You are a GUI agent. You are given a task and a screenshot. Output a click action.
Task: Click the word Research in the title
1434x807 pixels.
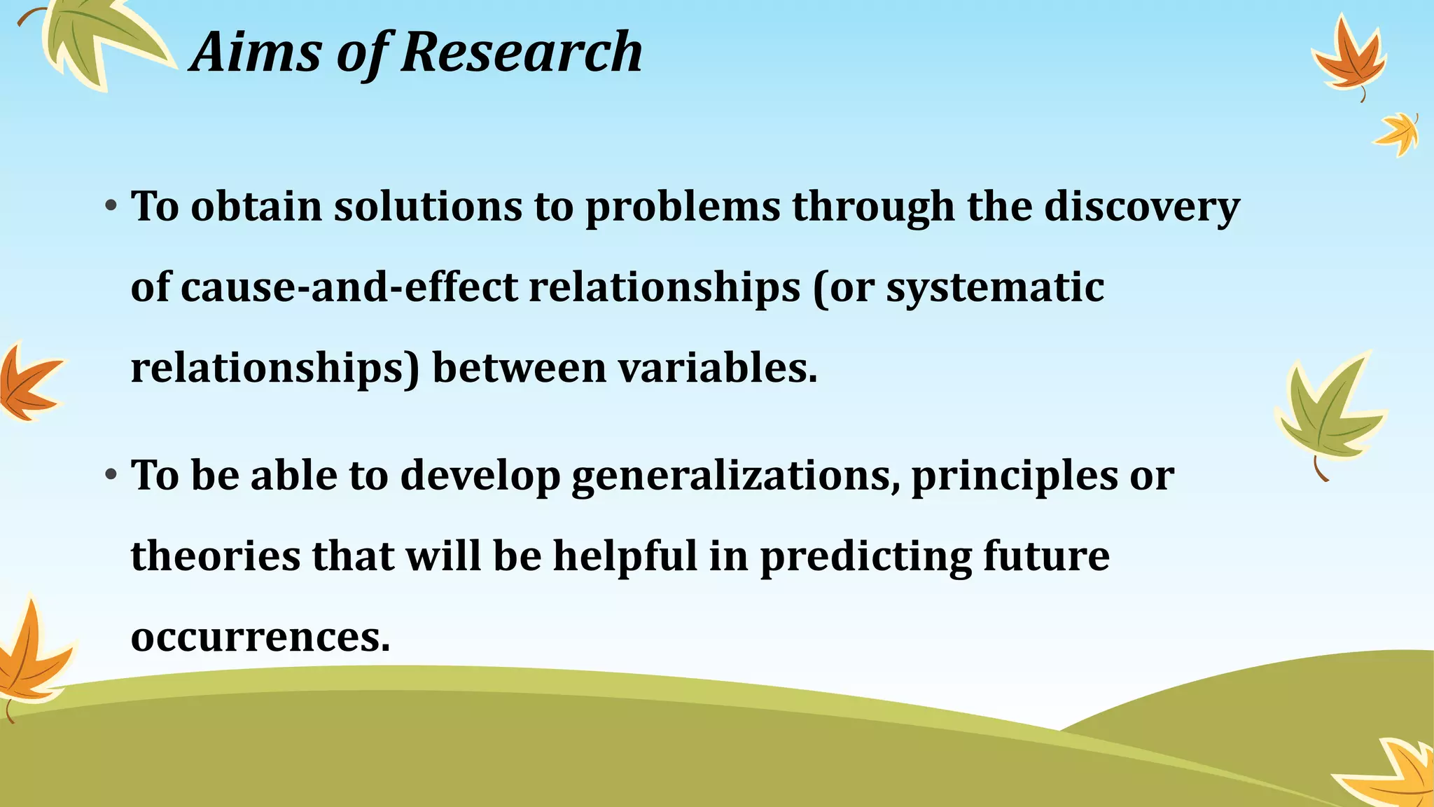tap(522, 53)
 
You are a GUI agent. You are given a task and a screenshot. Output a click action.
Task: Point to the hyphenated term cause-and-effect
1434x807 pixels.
tap(349, 287)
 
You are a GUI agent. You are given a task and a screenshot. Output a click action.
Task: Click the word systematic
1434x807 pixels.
tap(995, 289)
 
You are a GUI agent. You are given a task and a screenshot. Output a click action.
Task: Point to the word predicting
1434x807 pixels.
tap(865, 558)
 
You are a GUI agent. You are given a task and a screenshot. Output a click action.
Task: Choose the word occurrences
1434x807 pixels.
tap(260, 637)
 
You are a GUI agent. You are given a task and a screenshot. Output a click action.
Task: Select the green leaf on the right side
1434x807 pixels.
tap(1327, 413)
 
